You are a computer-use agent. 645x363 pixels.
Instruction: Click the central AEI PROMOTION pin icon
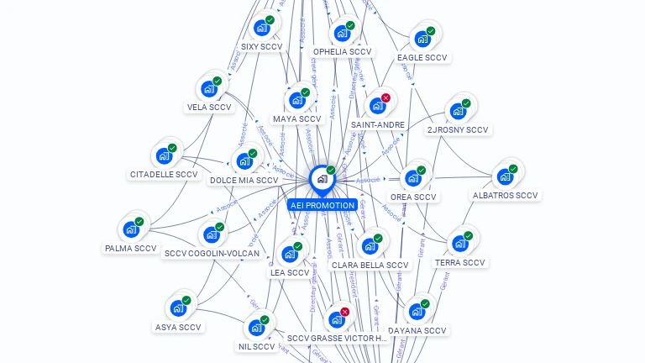[322, 179]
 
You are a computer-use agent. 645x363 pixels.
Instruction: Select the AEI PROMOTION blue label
[322, 205]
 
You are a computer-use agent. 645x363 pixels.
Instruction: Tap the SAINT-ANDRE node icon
[377, 106]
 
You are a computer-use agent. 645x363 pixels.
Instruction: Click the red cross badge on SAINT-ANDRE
[385, 98]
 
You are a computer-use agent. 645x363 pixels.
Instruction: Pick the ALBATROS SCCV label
[505, 196]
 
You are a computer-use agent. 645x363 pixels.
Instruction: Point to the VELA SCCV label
[209, 108]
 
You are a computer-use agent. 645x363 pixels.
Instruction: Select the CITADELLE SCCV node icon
[164, 155]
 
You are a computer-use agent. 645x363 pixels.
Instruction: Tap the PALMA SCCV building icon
[131, 229]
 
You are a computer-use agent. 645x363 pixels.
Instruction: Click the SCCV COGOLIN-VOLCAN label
[212, 253]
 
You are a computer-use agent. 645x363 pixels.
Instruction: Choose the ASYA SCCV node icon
[178, 308]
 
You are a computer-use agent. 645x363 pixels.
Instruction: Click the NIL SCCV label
[257, 346]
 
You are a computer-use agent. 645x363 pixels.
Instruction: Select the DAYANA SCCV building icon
[417, 312]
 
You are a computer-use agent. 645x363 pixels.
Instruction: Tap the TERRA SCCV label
[460, 263]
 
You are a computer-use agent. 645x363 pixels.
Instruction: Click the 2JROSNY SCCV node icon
[458, 110]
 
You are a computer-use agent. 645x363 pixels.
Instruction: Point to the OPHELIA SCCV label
[342, 52]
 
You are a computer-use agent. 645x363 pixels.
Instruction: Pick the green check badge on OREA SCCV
[422, 170]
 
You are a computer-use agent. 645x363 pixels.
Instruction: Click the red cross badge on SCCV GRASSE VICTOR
[345, 312]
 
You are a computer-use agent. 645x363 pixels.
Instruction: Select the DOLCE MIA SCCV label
[244, 181]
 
